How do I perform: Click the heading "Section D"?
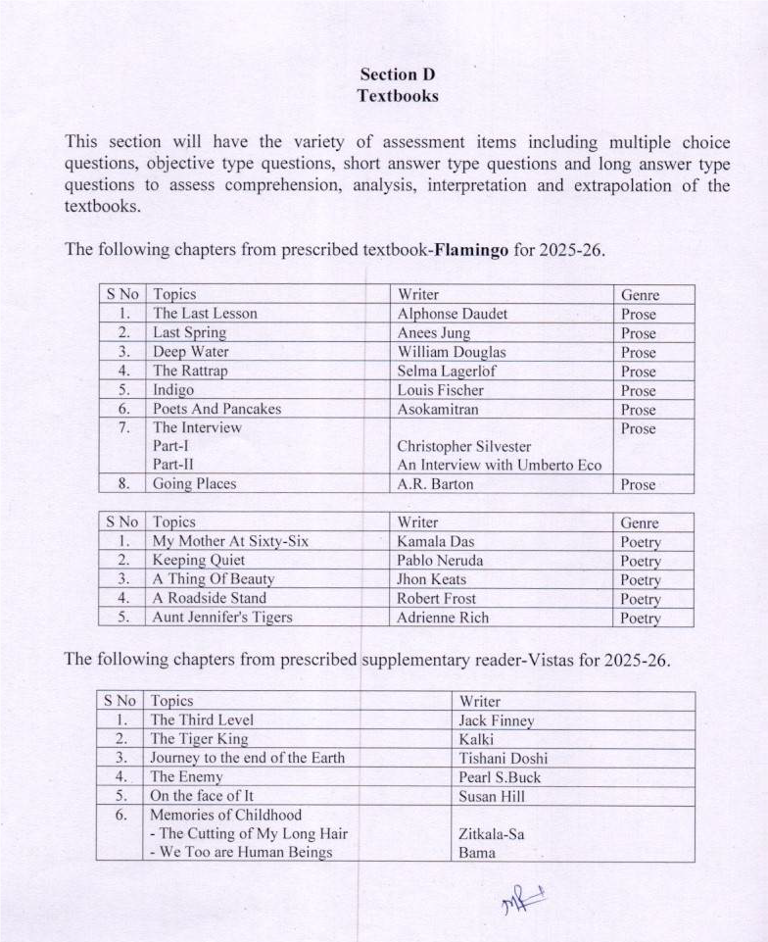[x=397, y=74]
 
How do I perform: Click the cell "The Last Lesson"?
[x=205, y=314]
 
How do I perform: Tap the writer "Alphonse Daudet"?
[x=452, y=314]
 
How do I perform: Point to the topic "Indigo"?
[x=173, y=390]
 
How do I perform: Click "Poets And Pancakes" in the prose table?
[x=216, y=409]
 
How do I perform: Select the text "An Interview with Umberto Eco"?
[x=499, y=465]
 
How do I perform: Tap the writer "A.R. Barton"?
[x=435, y=484]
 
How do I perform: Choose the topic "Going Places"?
[x=194, y=484]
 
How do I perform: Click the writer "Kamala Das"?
[x=435, y=541]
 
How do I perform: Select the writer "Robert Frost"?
[x=436, y=598]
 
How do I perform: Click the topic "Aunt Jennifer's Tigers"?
[x=222, y=618]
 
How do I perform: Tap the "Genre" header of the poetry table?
[x=640, y=522]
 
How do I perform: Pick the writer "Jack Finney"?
[x=496, y=720]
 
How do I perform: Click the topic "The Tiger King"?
[x=198, y=739]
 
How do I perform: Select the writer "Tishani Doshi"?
[x=503, y=758]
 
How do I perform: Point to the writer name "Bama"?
[x=476, y=852]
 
